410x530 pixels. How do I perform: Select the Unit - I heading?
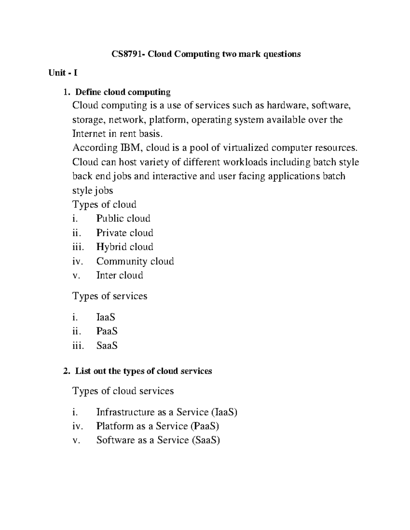click(x=63, y=73)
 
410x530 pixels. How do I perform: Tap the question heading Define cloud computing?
click(x=123, y=92)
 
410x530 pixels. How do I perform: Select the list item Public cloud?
click(x=123, y=218)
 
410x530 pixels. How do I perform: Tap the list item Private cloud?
click(x=124, y=233)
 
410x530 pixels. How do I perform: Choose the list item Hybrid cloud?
click(x=124, y=247)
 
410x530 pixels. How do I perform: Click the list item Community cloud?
click(x=135, y=261)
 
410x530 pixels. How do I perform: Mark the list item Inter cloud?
click(x=120, y=275)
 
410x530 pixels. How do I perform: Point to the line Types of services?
click(x=110, y=296)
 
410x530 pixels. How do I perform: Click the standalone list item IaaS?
click(x=106, y=317)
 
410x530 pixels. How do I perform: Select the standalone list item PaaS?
click(x=107, y=331)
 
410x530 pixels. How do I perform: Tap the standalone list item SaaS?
click(x=107, y=346)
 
